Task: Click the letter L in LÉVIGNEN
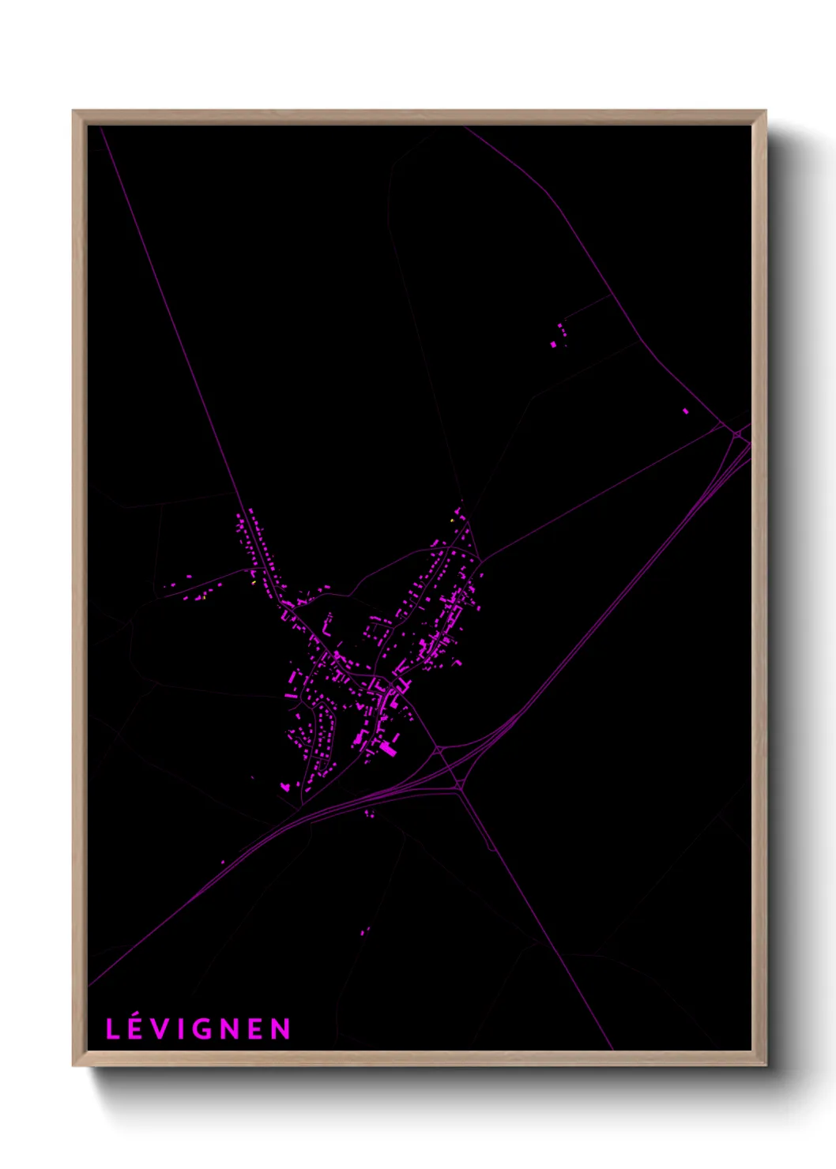(113, 1029)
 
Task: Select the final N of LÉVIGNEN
(281, 1029)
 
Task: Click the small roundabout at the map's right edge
(737, 434)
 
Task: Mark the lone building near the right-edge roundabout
(685, 411)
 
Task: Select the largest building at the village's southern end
(388, 748)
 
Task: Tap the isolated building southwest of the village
(284, 786)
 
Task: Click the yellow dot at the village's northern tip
(451, 521)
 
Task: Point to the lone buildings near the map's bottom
(364, 931)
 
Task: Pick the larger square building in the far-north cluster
(553, 344)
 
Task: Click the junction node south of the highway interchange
(459, 785)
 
